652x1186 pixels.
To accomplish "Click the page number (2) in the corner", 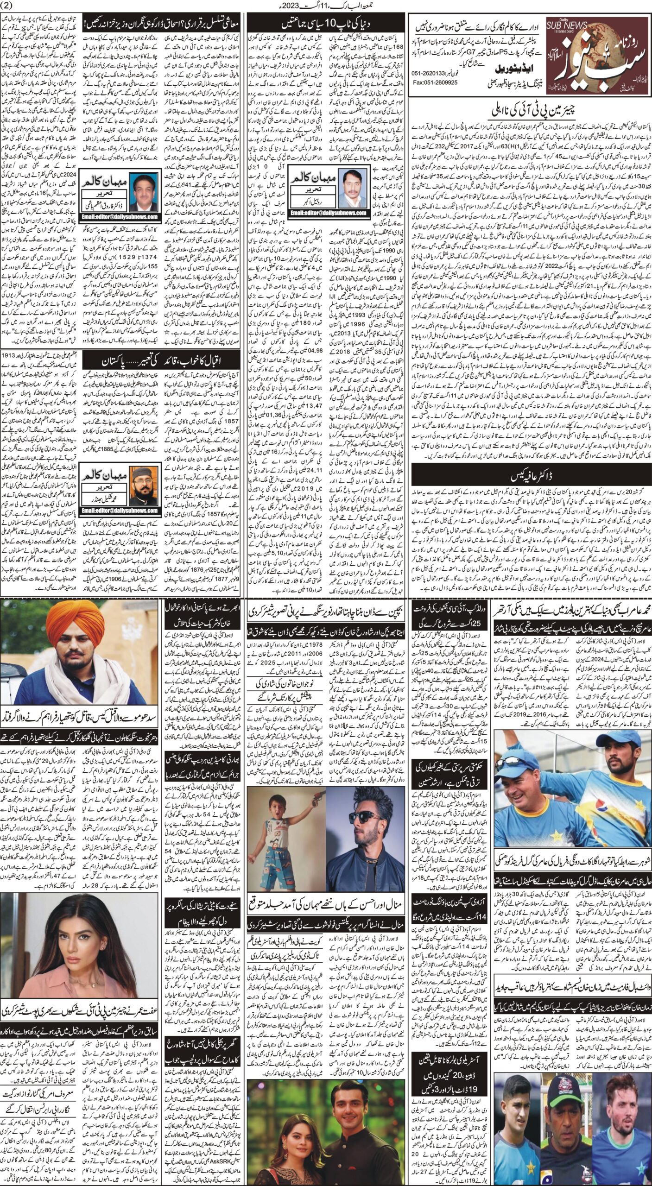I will click(8, 6).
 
